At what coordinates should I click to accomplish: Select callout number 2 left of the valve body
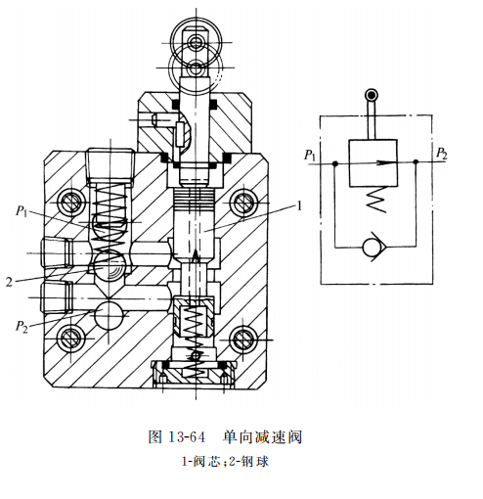coord(9,282)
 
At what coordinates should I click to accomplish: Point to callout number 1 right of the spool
coord(301,206)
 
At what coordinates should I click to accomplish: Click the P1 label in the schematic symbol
coord(309,155)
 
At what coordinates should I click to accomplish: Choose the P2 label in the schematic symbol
coord(441,155)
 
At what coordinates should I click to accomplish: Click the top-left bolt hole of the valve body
coord(69,204)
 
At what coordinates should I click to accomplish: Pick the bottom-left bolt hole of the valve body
coord(69,340)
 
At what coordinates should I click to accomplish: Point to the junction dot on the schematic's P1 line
coord(334,164)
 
